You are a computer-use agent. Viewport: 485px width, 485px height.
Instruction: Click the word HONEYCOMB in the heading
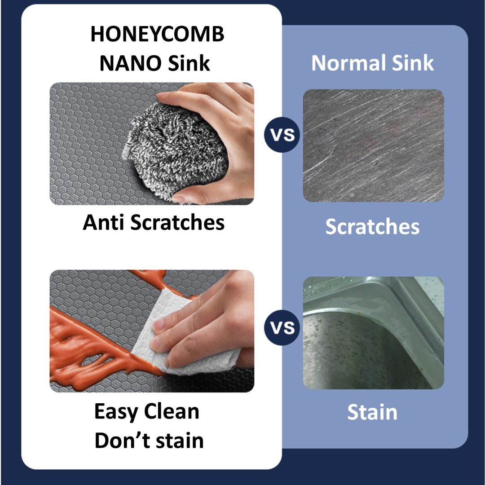(157, 35)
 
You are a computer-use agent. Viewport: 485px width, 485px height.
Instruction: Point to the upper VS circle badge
(282, 134)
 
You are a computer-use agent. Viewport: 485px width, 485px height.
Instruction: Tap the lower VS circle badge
(282, 327)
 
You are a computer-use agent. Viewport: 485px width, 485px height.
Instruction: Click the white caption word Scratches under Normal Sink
(372, 226)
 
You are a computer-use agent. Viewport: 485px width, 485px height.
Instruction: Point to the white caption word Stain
(372, 412)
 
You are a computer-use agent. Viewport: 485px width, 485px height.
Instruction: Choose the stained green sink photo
(373, 332)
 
